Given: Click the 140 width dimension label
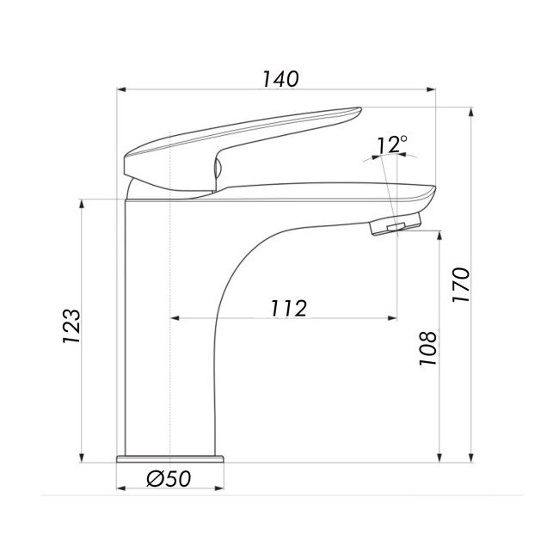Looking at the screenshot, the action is (280, 79).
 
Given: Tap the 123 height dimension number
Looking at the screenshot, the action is (71, 326).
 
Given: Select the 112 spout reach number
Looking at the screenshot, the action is (288, 309).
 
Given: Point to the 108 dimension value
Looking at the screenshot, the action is (427, 348).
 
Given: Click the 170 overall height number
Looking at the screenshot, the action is (461, 285).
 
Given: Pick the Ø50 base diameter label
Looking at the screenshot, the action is (169, 478).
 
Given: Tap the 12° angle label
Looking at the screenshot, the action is (391, 144).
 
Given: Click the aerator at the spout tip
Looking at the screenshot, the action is (396, 224).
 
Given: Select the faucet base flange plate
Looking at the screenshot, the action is (170, 459).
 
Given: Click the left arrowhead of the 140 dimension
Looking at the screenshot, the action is (121, 89).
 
